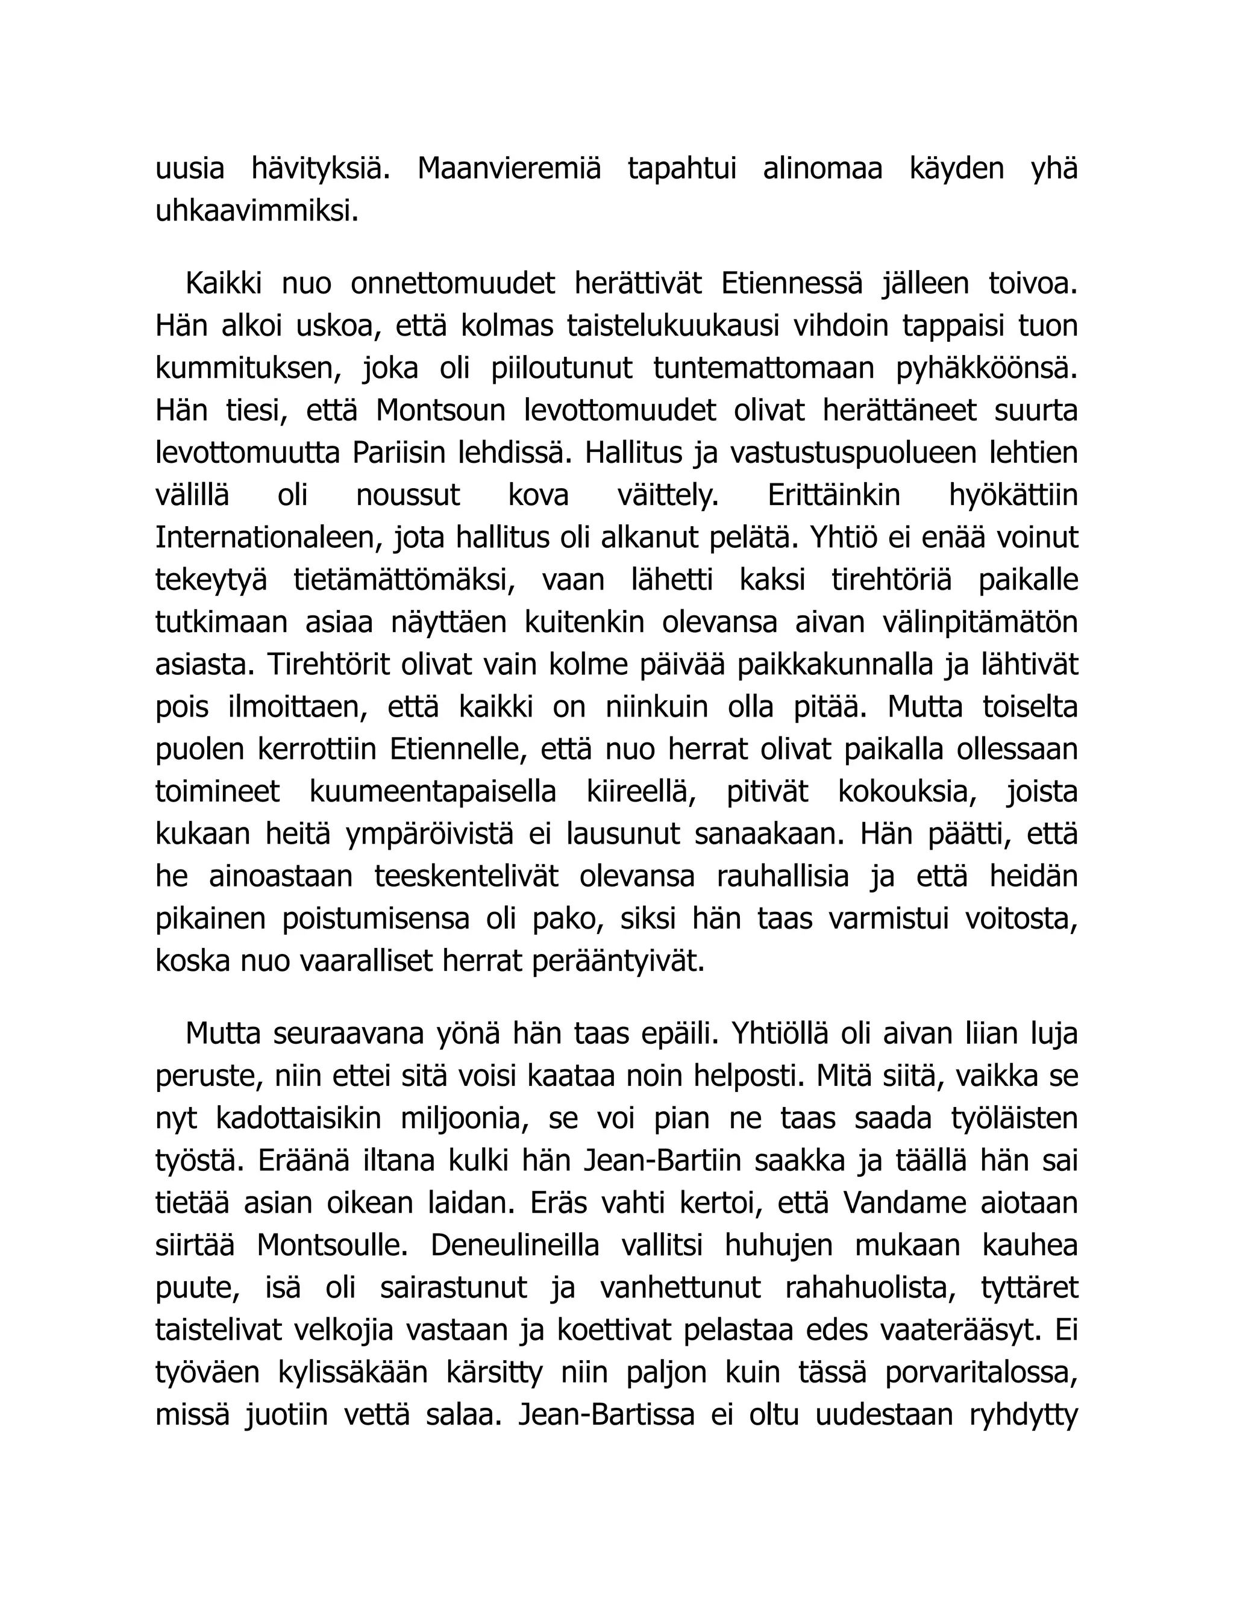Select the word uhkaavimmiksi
click(x=257, y=212)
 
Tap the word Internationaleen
click(x=269, y=538)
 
